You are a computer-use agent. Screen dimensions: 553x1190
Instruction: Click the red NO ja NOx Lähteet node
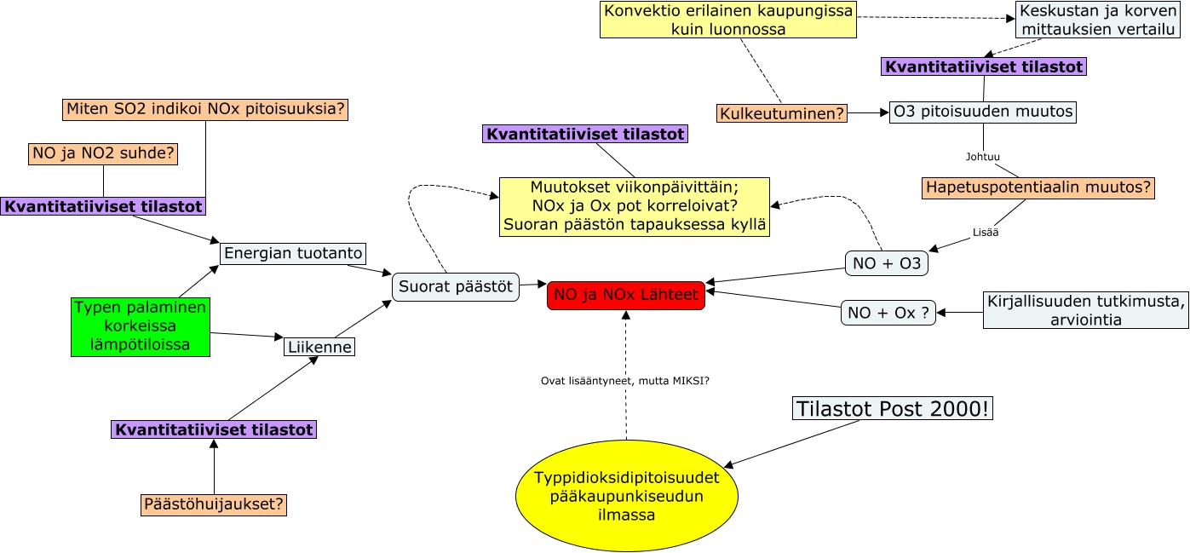626,295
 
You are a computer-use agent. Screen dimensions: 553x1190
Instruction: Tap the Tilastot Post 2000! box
893,408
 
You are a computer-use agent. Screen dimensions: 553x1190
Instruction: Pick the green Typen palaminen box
141,325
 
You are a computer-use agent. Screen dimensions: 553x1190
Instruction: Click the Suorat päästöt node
456,286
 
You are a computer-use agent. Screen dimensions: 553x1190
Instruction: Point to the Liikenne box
319,347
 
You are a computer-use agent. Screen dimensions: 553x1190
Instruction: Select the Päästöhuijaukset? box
214,504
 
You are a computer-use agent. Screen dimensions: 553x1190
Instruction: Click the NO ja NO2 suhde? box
103,153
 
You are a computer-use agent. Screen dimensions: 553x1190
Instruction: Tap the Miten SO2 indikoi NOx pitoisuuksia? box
205,109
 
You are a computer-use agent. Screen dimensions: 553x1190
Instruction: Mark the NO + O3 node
887,264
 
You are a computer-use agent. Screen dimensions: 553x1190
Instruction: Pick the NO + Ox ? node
888,313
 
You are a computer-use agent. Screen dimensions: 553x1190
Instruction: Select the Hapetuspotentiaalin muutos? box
1038,187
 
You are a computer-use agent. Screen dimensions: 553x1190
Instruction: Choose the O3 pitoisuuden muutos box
983,112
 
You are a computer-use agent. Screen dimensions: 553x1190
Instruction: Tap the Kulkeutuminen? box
782,112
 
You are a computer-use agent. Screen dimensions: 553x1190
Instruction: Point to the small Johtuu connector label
983,157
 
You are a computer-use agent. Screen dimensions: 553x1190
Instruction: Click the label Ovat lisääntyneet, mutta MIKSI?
625,380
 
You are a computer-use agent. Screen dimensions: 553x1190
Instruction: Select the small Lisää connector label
984,232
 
